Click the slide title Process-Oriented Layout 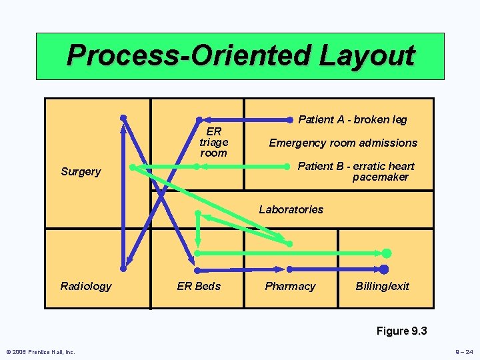pyautogui.click(x=240, y=55)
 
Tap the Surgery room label pyautogui.click(x=81, y=171)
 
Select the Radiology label pyautogui.click(x=86, y=286)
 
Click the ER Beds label pyautogui.click(x=199, y=286)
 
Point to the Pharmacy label pyautogui.click(x=290, y=286)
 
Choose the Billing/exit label pyautogui.click(x=383, y=286)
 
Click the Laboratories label pyautogui.click(x=291, y=209)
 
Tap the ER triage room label pyautogui.click(x=213, y=142)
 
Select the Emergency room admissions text pyautogui.click(x=343, y=143)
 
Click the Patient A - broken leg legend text pyautogui.click(x=353, y=120)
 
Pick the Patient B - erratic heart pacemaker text pyautogui.click(x=356, y=171)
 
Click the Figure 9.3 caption pyautogui.click(x=401, y=331)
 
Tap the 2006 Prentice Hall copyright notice pyautogui.click(x=41, y=352)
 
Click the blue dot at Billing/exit pyautogui.click(x=383, y=269)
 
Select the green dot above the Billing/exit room pyautogui.click(x=386, y=253)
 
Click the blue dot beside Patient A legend pyautogui.click(x=289, y=120)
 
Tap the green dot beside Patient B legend pyautogui.click(x=289, y=167)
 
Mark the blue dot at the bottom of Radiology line pyautogui.click(x=123, y=269)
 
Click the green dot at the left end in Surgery pyautogui.click(x=133, y=167)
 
